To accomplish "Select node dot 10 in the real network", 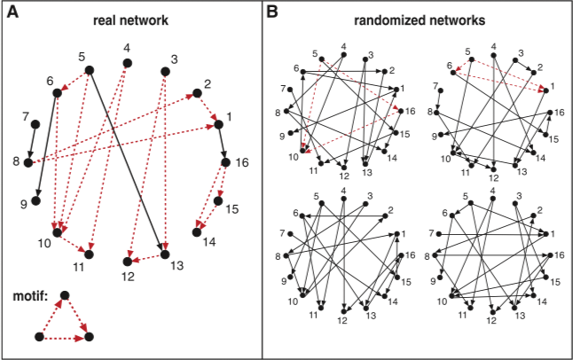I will (x=58, y=233).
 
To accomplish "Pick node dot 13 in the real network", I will (x=165, y=255).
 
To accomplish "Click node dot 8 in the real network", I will (x=29, y=162).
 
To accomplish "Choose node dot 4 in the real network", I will (x=127, y=63).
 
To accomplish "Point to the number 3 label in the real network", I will (x=174, y=60).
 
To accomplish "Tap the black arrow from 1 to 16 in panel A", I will (x=222, y=143).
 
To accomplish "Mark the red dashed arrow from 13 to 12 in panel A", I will (x=145, y=258).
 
